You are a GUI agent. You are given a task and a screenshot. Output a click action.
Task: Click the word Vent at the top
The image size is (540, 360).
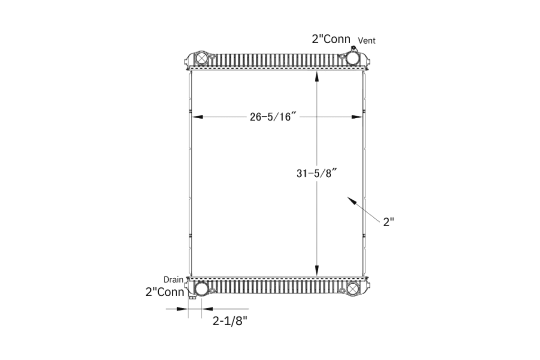coord(367,41)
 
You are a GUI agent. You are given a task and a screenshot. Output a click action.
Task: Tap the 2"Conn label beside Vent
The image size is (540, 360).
coord(331,40)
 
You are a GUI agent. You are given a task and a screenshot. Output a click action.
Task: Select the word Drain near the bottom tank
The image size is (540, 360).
coord(173,279)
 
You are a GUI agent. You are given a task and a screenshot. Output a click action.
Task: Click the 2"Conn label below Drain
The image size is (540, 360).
coord(165,291)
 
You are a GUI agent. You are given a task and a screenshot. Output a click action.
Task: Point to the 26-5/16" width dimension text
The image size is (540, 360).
coord(271,117)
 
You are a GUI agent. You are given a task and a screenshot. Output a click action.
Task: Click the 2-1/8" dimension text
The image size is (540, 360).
coord(230,320)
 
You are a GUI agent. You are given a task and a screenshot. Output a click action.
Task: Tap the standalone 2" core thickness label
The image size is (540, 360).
coord(389,222)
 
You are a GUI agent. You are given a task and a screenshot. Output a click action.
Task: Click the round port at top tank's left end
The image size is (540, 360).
coord(201,59)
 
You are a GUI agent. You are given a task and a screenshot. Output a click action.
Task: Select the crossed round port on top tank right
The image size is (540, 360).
coord(352,59)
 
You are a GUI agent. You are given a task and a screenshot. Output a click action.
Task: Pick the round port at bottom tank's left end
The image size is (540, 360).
coord(201,289)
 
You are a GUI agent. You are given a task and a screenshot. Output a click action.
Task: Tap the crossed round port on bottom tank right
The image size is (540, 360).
coord(353,289)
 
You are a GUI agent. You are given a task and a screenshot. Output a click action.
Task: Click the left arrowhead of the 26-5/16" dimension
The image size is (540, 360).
coord(195,117)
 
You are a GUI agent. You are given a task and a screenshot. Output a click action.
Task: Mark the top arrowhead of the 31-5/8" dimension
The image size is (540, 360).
coord(316,76)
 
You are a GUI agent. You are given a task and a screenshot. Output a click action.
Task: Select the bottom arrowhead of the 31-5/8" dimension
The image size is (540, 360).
coord(316,271)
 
